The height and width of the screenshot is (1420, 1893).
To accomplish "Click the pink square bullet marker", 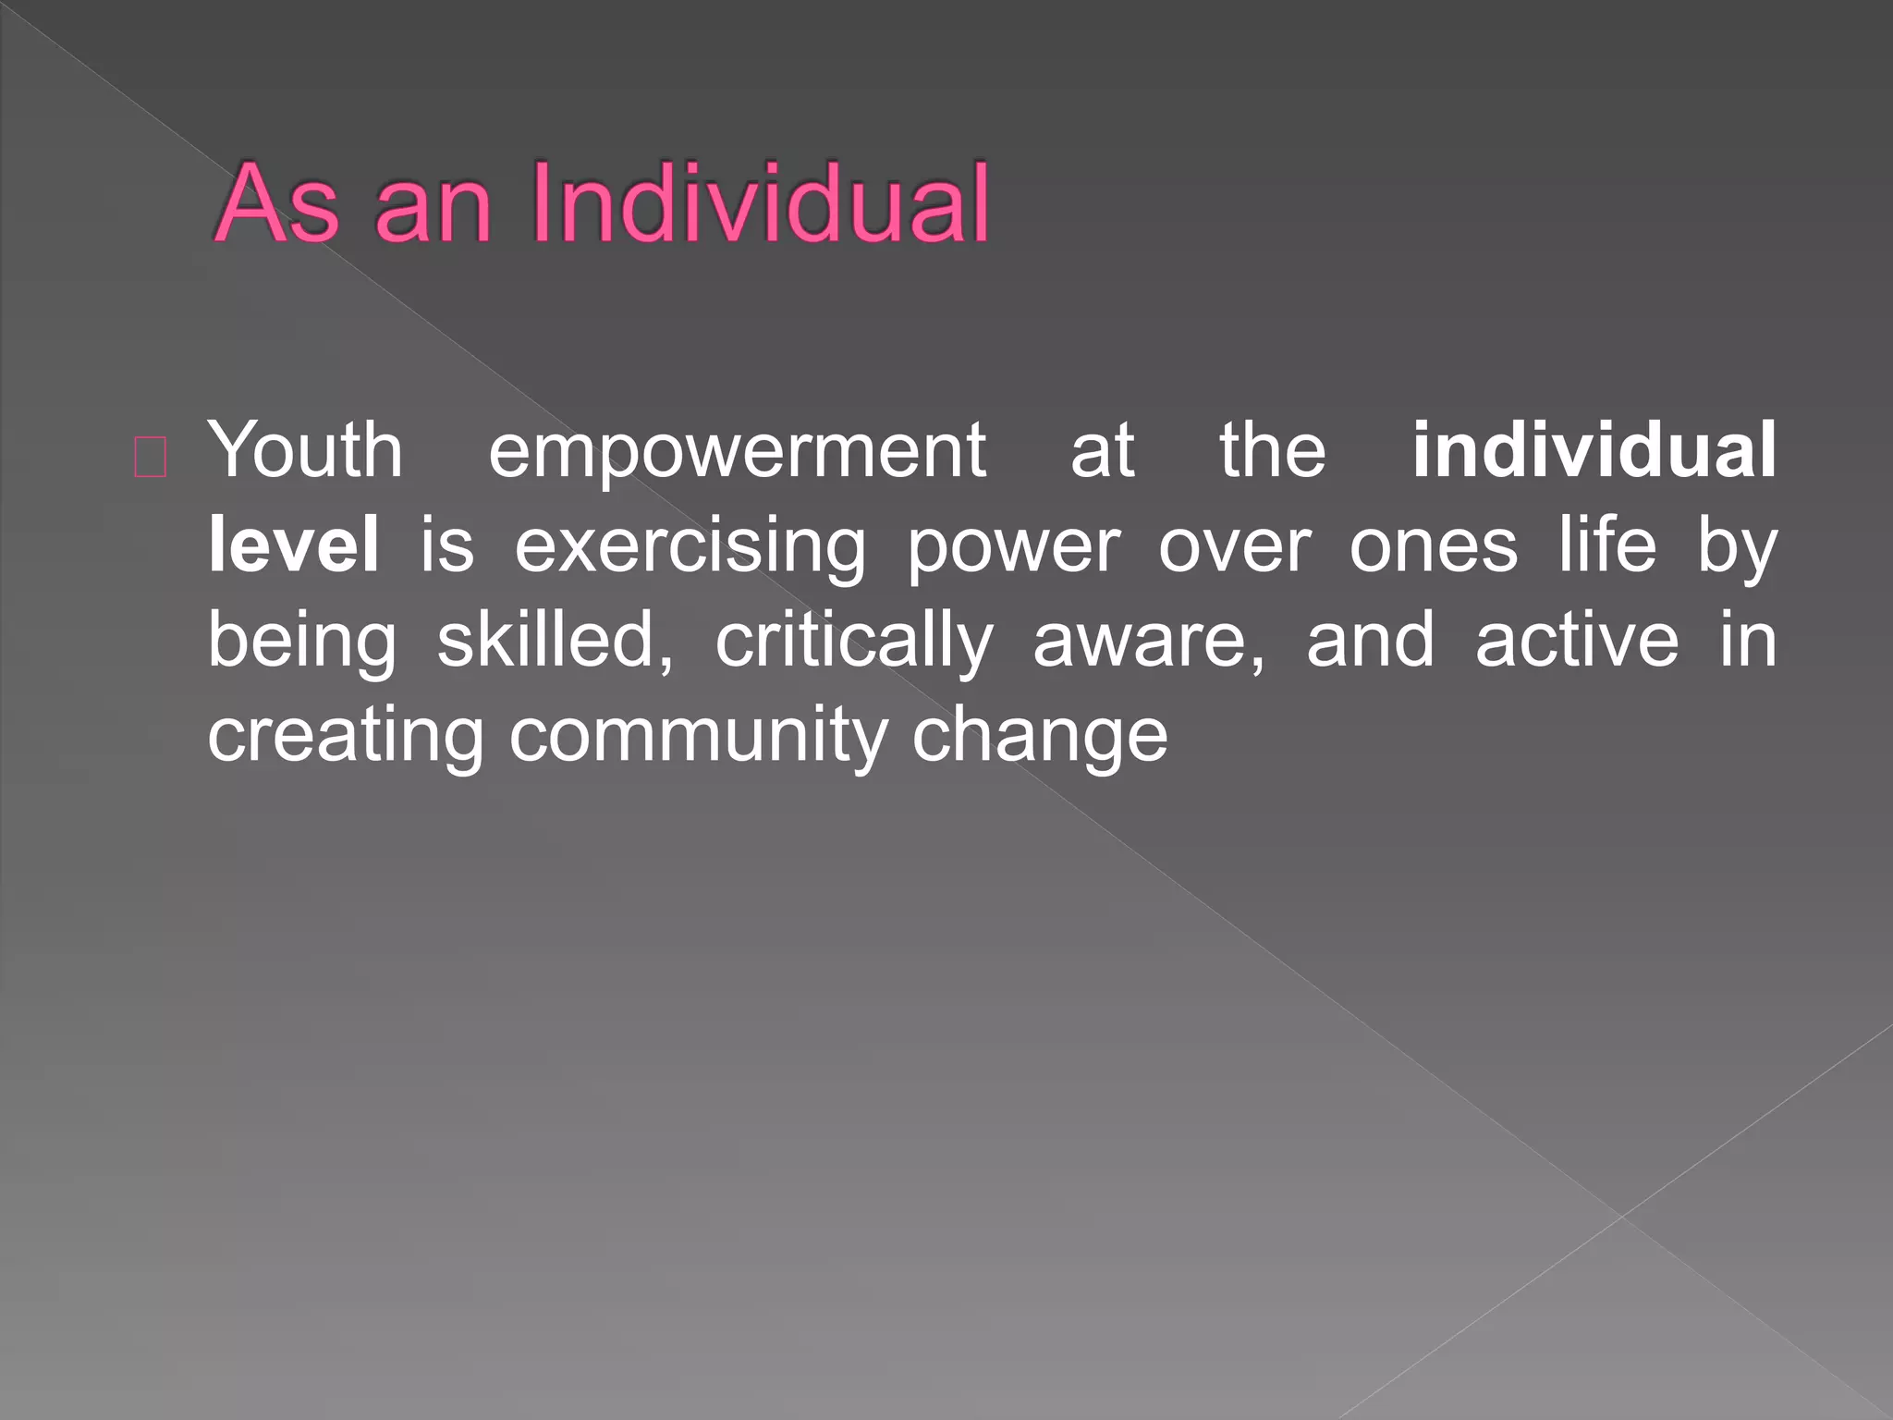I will [151, 458].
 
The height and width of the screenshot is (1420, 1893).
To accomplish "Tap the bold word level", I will [294, 545].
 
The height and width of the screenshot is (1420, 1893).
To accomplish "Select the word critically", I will [854, 643].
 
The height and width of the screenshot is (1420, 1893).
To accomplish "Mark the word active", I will [1577, 641].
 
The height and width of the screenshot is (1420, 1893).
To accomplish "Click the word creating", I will [346, 738].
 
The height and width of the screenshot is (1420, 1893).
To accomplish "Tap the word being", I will [302, 643].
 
